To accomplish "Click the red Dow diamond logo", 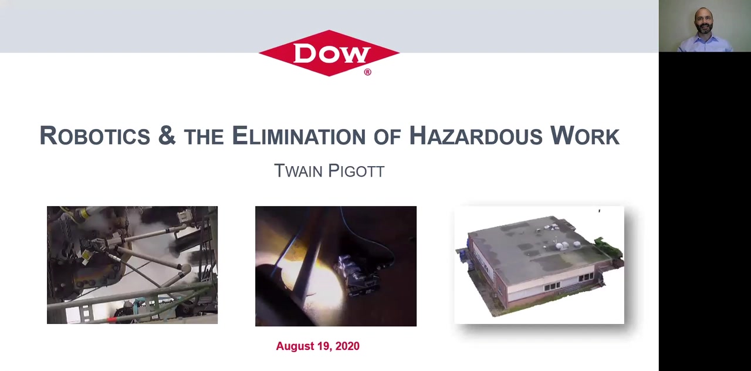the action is [x=329, y=53].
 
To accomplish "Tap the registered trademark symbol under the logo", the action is [x=367, y=72].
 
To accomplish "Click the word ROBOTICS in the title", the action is [x=95, y=136].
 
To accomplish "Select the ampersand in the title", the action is [x=167, y=135].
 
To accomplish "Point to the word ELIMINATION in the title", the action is [x=299, y=136].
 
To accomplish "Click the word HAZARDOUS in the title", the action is [x=476, y=136].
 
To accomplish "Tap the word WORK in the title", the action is [x=585, y=136].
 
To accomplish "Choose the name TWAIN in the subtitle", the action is [x=298, y=171].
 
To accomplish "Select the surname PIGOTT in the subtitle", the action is [x=356, y=171].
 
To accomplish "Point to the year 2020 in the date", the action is [x=347, y=346].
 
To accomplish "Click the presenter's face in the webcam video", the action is [x=703, y=21].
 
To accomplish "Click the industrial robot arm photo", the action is [x=132, y=265].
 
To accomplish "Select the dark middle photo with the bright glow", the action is [x=336, y=266].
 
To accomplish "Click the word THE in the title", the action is [x=204, y=137].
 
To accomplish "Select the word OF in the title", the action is [x=388, y=137].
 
